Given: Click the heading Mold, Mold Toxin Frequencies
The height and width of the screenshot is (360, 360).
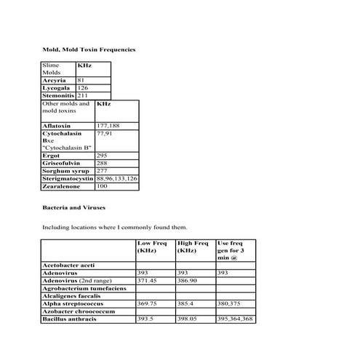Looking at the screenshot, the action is pos(89,49).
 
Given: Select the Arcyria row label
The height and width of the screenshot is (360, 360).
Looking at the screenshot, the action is pos(55,80).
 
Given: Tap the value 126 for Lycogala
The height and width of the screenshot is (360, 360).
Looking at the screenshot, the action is pos(83,87).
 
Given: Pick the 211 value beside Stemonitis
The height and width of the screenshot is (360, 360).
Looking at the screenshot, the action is pos(83,95).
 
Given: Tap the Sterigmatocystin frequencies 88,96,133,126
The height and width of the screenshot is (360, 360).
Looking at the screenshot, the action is pos(117,178).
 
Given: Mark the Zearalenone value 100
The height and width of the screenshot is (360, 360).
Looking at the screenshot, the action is pos(103,186).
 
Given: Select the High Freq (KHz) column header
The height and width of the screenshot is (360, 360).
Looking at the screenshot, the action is pos(193,247).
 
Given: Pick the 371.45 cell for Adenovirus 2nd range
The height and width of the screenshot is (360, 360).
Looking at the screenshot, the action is pos(148,281).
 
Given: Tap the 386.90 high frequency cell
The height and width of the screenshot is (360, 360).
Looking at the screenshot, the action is pos(188,281).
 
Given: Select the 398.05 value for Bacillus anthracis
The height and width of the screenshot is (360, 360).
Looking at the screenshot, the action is pos(188,319).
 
